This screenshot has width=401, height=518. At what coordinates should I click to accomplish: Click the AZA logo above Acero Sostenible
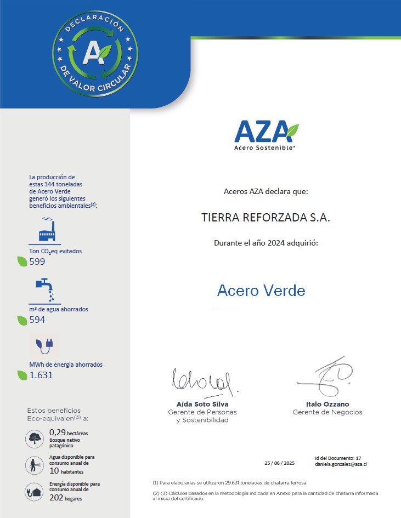click(266, 132)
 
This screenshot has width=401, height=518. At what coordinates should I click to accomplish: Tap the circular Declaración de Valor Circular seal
click(95, 52)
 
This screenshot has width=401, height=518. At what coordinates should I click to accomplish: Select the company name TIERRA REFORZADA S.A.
click(266, 218)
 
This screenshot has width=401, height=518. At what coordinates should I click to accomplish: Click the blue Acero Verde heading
click(261, 290)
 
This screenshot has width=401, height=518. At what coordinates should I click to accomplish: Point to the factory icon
click(47, 230)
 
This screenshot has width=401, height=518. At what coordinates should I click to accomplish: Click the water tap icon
click(46, 289)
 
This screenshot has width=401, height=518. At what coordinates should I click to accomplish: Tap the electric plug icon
click(44, 345)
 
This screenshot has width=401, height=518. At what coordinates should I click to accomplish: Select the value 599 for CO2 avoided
click(37, 261)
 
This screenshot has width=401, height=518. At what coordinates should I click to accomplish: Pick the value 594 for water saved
click(37, 320)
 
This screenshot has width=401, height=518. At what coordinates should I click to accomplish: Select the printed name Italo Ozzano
click(327, 404)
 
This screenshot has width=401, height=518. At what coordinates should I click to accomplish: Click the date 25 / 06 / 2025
click(279, 463)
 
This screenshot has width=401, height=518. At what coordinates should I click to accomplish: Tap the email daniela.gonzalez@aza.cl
click(341, 464)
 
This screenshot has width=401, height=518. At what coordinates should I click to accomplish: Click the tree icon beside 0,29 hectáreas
click(35, 438)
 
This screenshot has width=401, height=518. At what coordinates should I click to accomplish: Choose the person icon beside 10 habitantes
click(35, 465)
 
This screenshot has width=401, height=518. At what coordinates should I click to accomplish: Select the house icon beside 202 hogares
click(35, 491)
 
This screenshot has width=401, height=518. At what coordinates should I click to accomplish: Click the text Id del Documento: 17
click(338, 458)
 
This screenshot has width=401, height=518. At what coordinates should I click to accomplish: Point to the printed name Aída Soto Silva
click(199, 404)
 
